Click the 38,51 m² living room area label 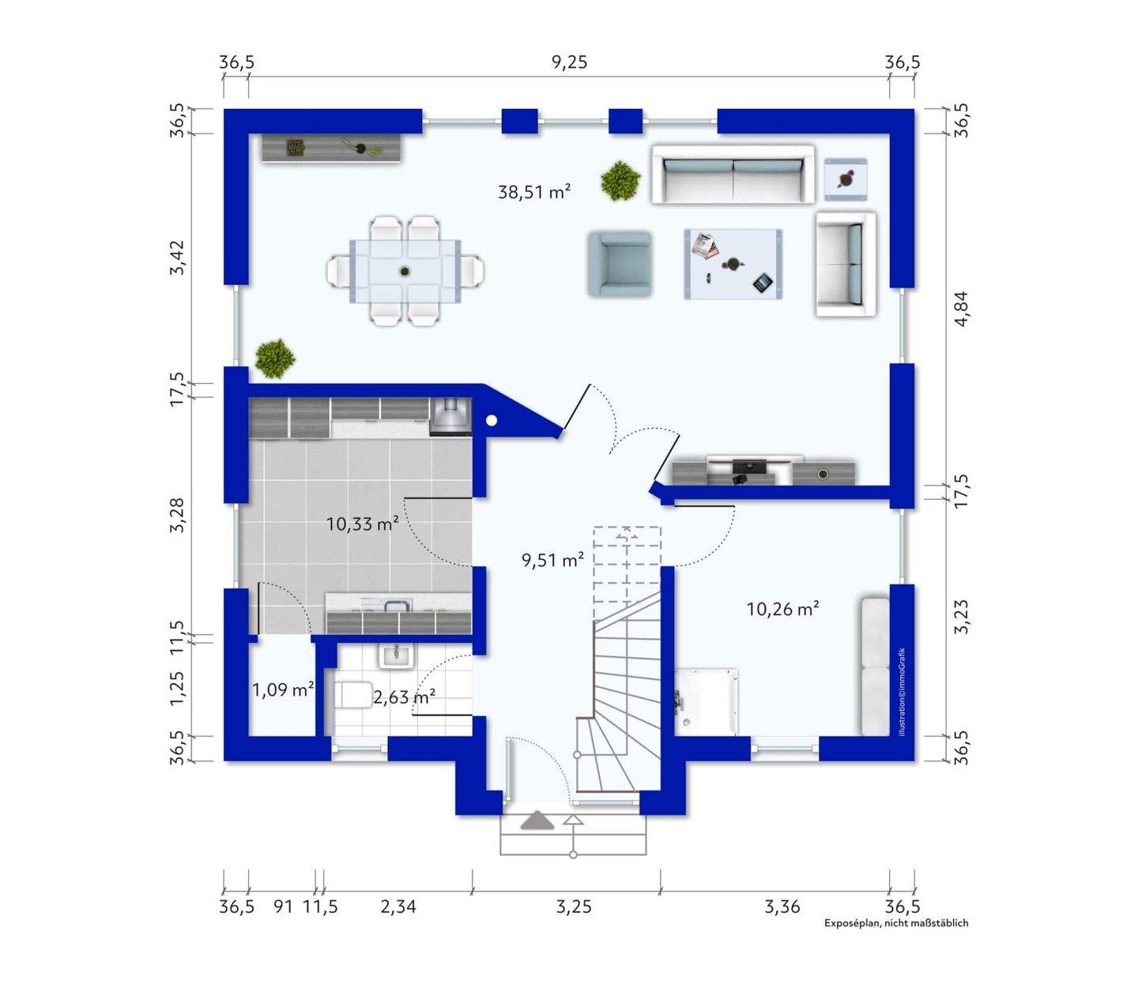point(534,192)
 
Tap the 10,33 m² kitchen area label point(362,524)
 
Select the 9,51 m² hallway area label point(552,560)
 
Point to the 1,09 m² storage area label point(283,689)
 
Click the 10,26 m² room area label point(782,609)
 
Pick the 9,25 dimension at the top point(569,62)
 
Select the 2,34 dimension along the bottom point(398,906)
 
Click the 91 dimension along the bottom point(283,906)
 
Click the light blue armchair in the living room point(620,264)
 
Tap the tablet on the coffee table point(763,283)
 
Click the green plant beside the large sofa point(620,179)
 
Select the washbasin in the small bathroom point(395,656)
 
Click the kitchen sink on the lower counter point(398,606)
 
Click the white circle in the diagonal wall point(492,420)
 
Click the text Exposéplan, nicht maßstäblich point(895,923)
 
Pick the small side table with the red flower point(845,179)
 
